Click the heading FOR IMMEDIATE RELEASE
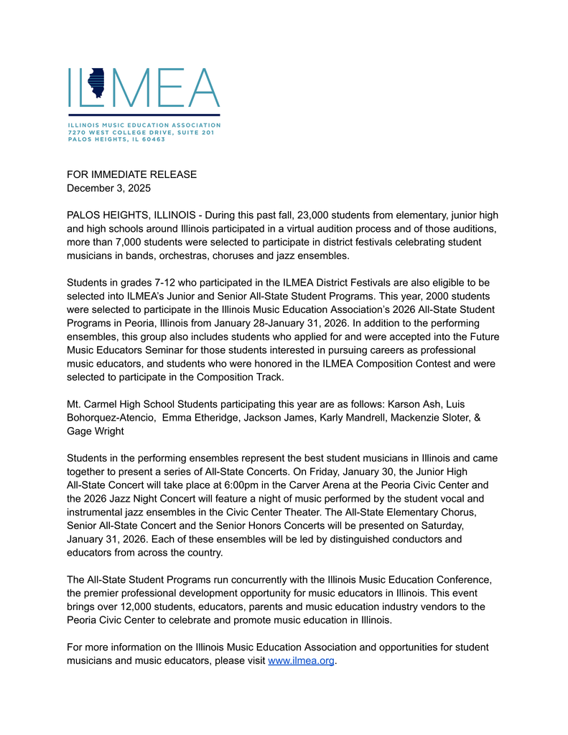[131, 174]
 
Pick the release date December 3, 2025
[108, 188]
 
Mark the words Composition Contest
[396, 364]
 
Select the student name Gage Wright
[96, 431]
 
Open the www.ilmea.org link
[301, 660]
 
